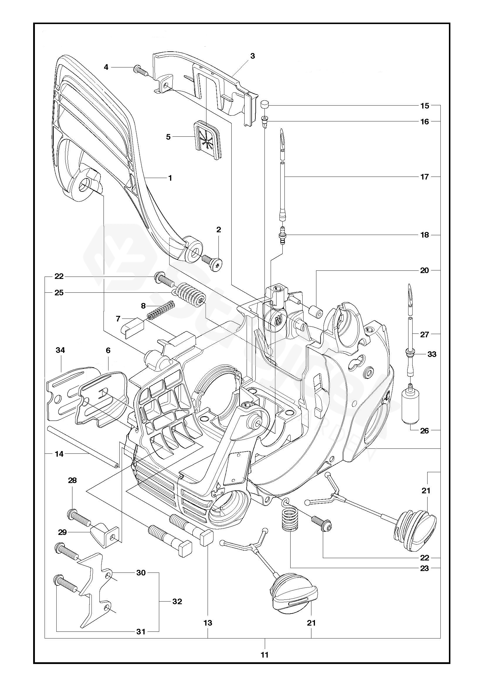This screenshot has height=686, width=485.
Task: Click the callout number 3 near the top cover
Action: coord(252,56)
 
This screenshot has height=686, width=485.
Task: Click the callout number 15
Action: coord(424,106)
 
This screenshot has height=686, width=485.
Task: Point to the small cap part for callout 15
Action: coord(264,106)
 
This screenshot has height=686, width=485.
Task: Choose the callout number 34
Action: coord(60,350)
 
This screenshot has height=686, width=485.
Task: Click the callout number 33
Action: coord(432,354)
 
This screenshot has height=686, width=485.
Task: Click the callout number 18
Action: coord(424,235)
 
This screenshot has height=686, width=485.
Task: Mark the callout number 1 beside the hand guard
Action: coord(170,178)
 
